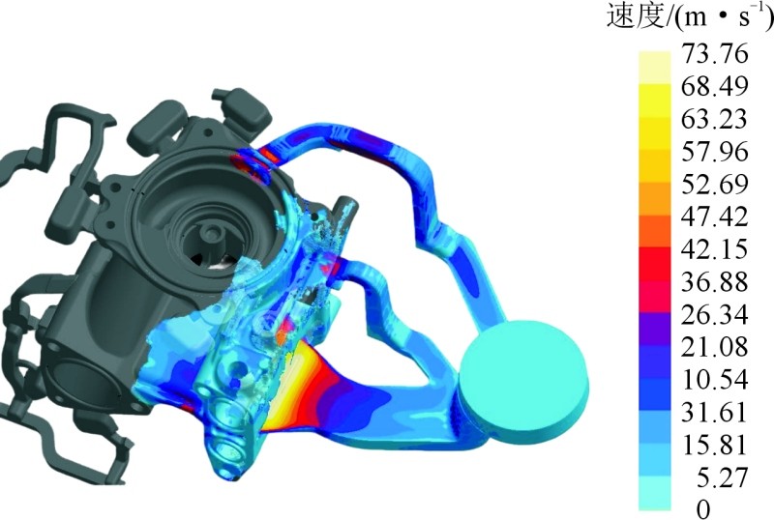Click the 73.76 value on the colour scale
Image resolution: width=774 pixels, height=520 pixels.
tap(715, 53)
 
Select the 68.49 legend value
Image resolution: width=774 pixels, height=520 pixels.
tap(715, 86)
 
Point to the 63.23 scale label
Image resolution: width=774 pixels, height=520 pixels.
tap(715, 119)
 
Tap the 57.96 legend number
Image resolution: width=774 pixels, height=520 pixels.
tap(715, 152)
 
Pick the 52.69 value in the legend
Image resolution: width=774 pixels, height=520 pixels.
tap(715, 184)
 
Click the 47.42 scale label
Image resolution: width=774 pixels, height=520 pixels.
tap(715, 217)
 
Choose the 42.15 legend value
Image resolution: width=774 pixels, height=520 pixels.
tap(715, 249)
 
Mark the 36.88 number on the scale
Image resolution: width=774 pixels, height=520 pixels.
tap(715, 281)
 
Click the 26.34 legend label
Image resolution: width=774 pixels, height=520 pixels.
tap(715, 314)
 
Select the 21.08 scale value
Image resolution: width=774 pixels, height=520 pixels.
tap(715, 347)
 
